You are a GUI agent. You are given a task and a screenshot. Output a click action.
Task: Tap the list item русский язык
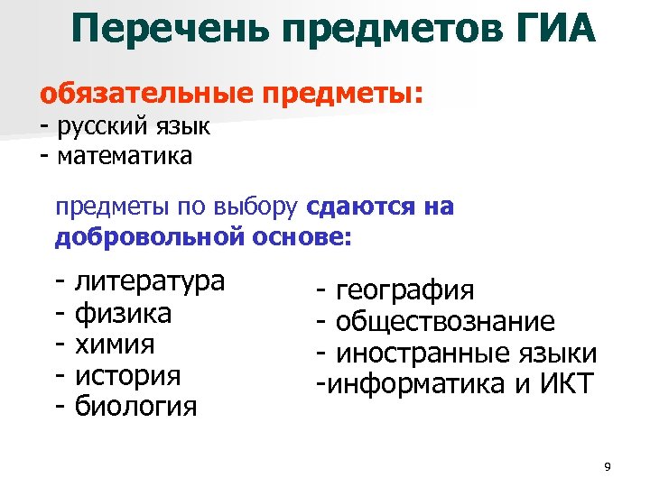click(133, 126)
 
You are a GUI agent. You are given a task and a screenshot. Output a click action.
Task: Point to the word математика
click(125, 156)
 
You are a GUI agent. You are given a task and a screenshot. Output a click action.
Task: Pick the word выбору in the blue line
click(257, 207)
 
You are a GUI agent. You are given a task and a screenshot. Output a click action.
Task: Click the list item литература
click(149, 281)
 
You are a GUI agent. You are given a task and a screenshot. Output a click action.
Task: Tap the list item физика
click(124, 314)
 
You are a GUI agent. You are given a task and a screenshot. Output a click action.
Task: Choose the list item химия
click(115, 345)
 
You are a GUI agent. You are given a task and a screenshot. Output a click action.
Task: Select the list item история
click(127, 375)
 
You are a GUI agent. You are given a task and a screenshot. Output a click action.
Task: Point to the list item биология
click(135, 407)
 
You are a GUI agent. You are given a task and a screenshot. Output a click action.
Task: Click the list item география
click(404, 290)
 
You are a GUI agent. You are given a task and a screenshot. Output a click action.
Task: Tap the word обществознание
click(446, 322)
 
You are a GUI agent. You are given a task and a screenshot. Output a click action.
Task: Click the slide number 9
click(607, 466)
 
